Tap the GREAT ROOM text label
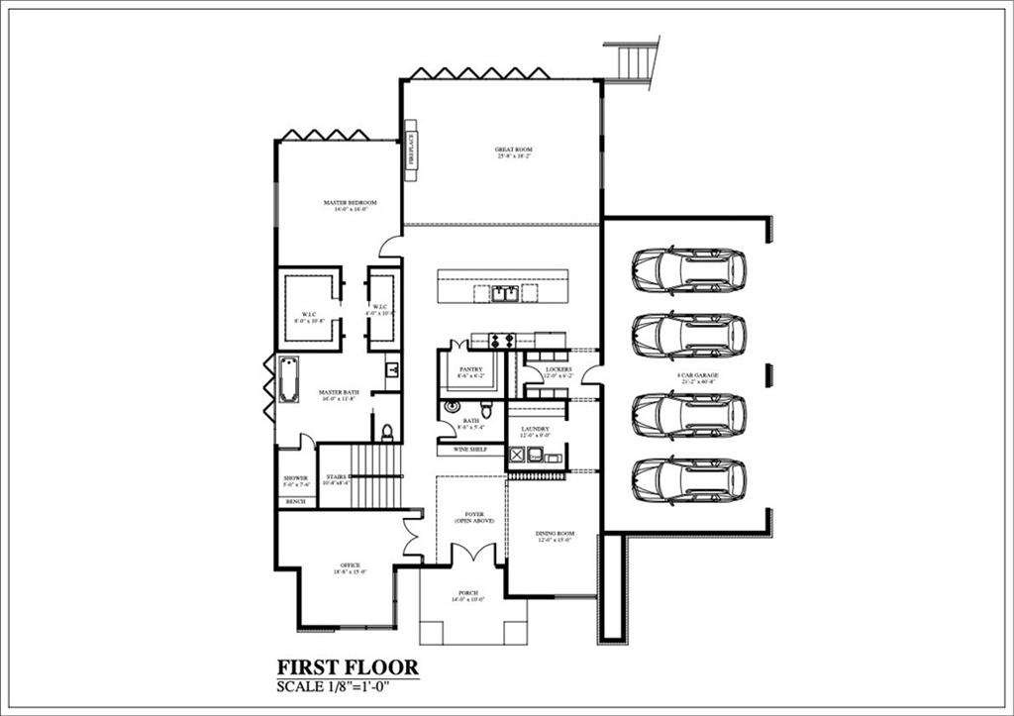pos(514,153)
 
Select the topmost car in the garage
pos(689,270)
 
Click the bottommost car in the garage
pos(689,480)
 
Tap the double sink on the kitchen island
pos(505,293)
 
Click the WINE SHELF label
pos(470,450)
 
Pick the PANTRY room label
pos(470,372)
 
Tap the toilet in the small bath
pos(486,409)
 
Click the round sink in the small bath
pos(453,406)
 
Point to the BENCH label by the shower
pos(295,502)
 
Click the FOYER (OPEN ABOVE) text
pos(473,517)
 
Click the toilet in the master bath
pos(387,432)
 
